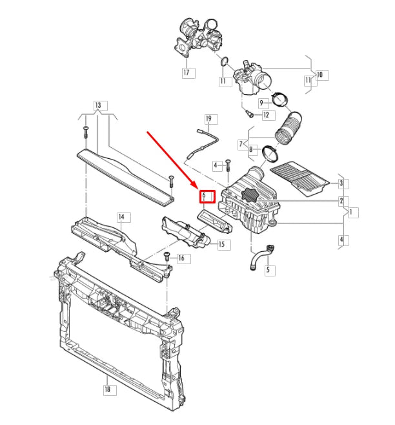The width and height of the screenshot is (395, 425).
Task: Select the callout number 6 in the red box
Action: (x=205, y=194)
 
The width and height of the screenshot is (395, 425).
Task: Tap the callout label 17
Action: (x=187, y=72)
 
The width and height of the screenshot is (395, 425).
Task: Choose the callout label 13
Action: (x=98, y=105)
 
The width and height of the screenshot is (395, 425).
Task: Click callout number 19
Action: (x=208, y=119)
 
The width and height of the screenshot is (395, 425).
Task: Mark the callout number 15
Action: (x=222, y=244)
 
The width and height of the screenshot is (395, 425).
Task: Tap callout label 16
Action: (x=181, y=258)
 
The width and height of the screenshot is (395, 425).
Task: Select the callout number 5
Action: (x=267, y=270)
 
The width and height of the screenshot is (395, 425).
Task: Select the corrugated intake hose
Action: (x=288, y=127)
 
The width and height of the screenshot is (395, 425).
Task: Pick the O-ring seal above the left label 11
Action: (x=224, y=63)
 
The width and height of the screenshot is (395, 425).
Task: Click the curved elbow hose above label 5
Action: (x=258, y=256)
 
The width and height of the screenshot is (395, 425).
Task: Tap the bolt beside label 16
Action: (x=165, y=257)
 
